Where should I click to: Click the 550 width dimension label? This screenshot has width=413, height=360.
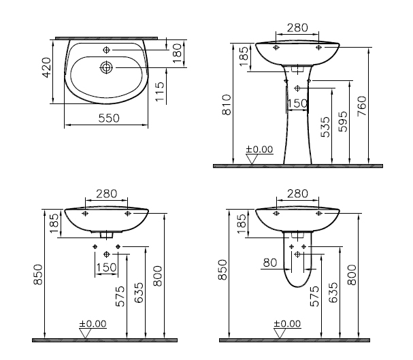pos(109,118)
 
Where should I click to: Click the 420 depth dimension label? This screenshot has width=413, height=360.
pos(47,67)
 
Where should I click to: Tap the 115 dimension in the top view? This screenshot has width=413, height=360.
pos(160,92)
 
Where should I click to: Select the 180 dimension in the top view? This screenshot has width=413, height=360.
pos(178,54)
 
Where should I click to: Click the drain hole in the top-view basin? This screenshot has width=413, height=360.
pos(106,67)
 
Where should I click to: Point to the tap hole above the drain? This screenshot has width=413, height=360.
pos(106,50)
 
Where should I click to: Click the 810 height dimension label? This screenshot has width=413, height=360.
pos(227,105)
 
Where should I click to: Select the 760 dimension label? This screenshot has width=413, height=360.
pos(362,106)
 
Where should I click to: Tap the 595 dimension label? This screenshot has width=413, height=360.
pos(343,122)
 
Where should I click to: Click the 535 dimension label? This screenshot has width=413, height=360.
pos(325,127)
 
